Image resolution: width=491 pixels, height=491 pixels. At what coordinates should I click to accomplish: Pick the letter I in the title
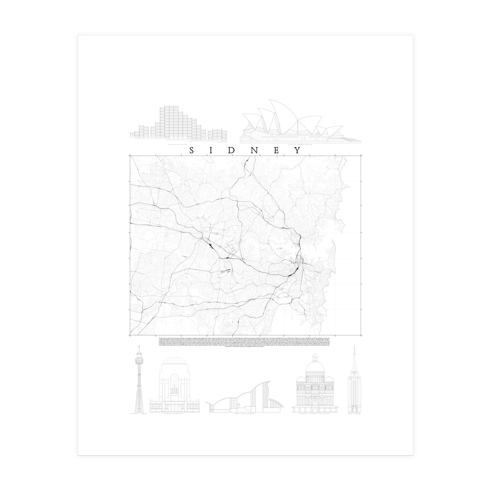(x=212, y=150)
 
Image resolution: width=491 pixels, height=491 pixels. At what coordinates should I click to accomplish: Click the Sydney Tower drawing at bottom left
(x=140, y=381)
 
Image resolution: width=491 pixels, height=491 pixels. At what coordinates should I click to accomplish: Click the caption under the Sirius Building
(x=177, y=144)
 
